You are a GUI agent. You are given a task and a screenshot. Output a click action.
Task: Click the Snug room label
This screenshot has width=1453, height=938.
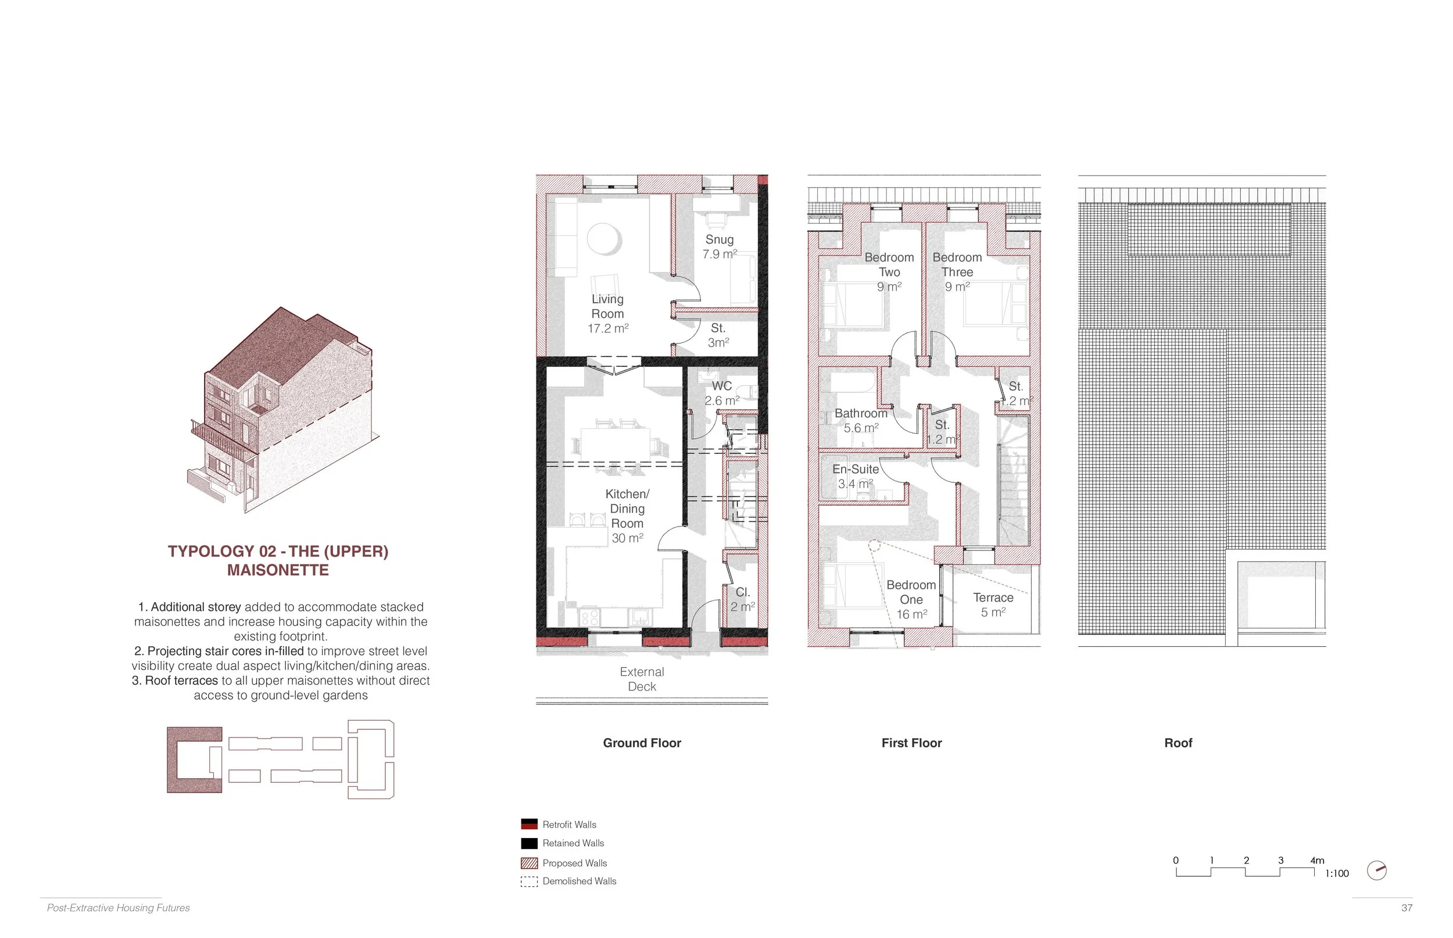(x=719, y=239)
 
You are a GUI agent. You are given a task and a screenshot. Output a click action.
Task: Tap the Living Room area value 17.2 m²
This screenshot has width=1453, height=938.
(x=608, y=328)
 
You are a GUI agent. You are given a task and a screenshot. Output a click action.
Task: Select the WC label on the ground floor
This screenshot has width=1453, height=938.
(x=722, y=385)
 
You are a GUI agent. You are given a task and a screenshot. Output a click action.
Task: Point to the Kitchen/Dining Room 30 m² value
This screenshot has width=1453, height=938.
(x=627, y=538)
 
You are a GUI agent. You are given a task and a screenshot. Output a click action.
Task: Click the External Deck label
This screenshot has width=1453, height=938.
(x=642, y=679)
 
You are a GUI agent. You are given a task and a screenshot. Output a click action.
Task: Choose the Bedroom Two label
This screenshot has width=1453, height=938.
(x=889, y=264)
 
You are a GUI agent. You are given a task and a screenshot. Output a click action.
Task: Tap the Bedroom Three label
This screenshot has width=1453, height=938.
(x=957, y=264)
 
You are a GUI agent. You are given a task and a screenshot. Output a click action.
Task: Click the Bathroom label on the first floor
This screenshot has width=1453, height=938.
(x=861, y=413)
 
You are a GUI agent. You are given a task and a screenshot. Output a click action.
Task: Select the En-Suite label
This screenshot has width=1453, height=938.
(x=856, y=469)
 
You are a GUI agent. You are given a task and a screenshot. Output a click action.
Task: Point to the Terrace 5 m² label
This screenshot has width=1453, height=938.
(x=993, y=605)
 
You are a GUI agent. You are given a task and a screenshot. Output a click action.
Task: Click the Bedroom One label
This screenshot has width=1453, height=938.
(x=911, y=592)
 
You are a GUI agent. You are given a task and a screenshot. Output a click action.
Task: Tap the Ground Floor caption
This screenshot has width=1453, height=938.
(x=642, y=743)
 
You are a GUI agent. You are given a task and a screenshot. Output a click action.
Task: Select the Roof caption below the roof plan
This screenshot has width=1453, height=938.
(x=1178, y=743)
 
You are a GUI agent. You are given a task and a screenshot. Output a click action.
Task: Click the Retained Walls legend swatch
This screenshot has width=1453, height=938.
(x=529, y=843)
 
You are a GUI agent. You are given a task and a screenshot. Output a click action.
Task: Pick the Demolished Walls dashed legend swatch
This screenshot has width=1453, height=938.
(x=529, y=882)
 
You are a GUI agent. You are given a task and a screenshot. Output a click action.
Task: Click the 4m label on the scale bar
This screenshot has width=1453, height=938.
(x=1317, y=860)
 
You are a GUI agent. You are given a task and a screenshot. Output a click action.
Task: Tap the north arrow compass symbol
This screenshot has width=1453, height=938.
(x=1377, y=871)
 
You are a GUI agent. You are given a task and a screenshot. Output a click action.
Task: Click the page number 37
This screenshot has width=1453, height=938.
(x=1407, y=908)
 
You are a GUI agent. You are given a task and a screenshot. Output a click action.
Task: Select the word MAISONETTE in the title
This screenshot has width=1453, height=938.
(x=278, y=570)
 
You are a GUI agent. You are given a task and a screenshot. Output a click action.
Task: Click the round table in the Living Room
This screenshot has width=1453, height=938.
(x=604, y=239)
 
